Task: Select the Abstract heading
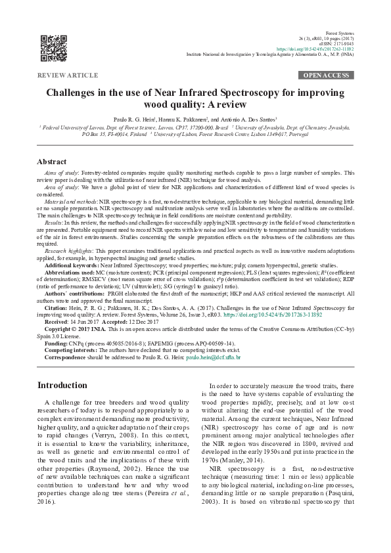coord(51,162)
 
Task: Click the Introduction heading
coord(63,385)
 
